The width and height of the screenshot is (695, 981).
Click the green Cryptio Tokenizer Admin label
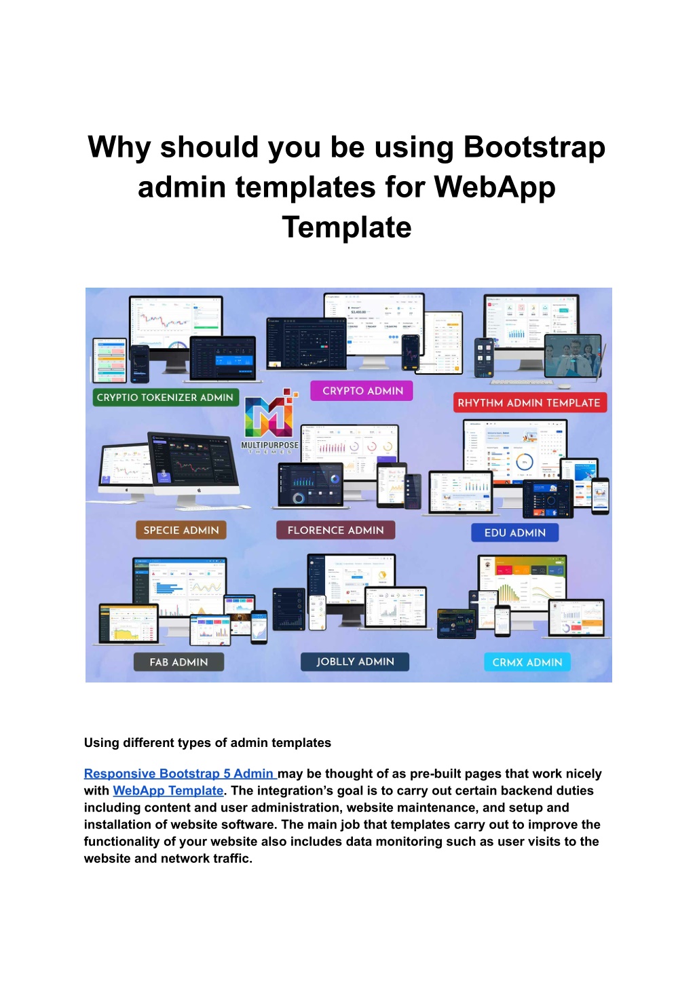[x=165, y=398]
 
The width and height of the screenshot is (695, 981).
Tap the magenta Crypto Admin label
[x=362, y=391]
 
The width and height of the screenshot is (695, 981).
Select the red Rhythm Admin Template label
[x=529, y=403]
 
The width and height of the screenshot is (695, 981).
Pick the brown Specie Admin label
[x=181, y=531]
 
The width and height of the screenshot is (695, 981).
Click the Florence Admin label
[x=335, y=531]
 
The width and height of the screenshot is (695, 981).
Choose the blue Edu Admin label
[x=515, y=533]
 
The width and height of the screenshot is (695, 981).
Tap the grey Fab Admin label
[x=179, y=662]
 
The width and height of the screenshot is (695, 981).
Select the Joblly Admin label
[x=355, y=661]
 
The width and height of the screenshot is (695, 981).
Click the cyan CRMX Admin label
[x=527, y=662]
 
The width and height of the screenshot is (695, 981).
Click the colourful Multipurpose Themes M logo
[x=269, y=415]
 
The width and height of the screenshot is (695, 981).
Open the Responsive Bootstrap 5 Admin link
[x=179, y=773]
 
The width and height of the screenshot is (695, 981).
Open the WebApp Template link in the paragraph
[x=168, y=790]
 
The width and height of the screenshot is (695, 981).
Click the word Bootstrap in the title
[x=534, y=147]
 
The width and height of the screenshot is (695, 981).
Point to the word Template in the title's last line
[x=347, y=227]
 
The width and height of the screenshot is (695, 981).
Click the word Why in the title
[x=119, y=147]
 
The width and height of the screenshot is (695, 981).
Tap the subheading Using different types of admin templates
[x=208, y=743]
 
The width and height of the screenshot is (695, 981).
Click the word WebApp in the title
[x=495, y=187]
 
